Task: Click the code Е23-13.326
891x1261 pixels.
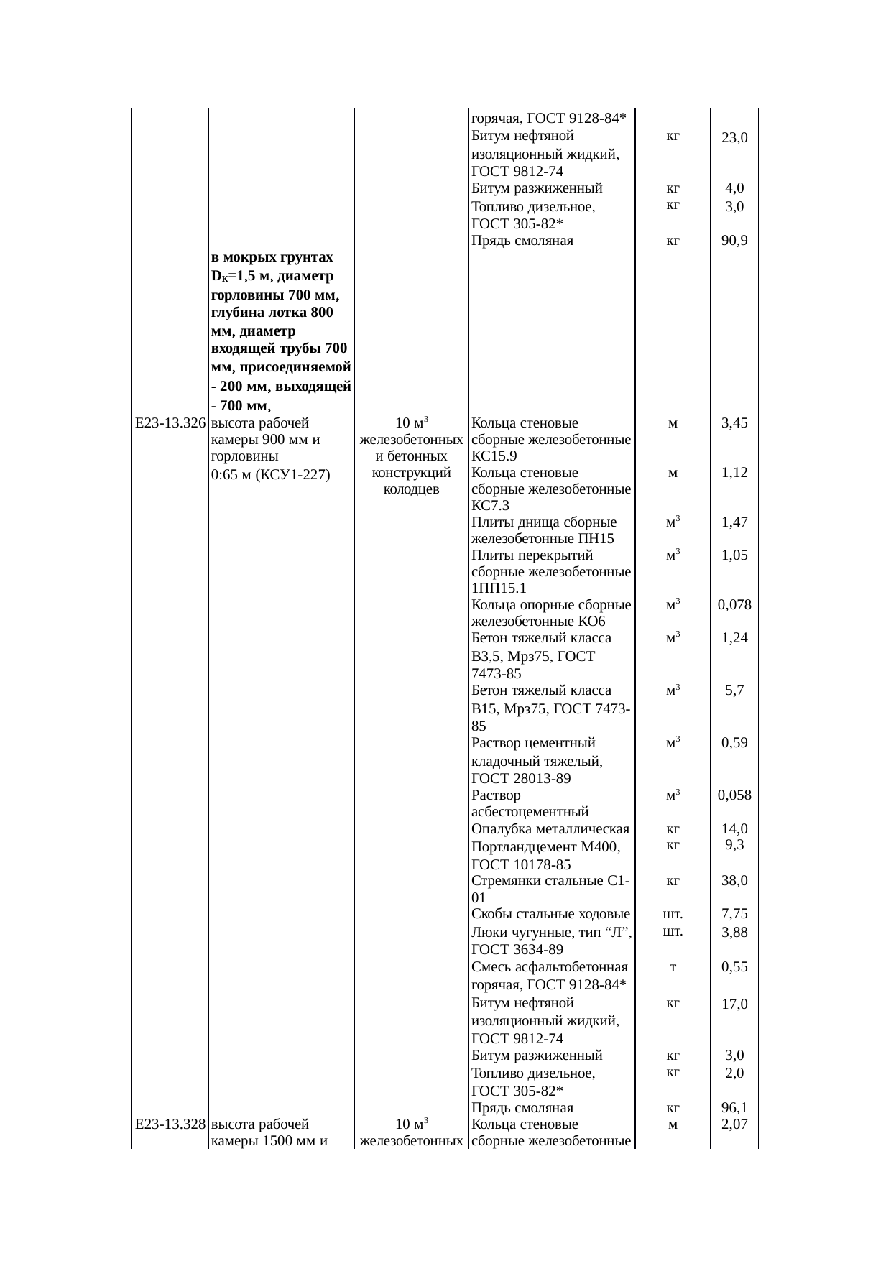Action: pyautogui.click(x=170, y=422)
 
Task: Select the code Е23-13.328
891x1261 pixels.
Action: pyautogui.click(x=170, y=1124)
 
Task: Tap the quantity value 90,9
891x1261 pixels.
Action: pyautogui.click(x=734, y=241)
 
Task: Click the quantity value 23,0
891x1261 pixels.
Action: pyautogui.click(x=734, y=137)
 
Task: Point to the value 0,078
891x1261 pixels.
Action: pyautogui.click(x=734, y=604)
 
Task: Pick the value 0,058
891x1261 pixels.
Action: pyautogui.click(x=734, y=795)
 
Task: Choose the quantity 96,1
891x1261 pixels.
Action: pyautogui.click(x=734, y=1108)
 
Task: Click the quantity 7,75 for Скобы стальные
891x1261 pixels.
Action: pyautogui.click(x=734, y=914)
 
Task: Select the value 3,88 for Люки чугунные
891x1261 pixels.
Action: pyautogui.click(x=734, y=932)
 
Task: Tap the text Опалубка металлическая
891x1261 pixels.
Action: pyautogui.click(x=550, y=829)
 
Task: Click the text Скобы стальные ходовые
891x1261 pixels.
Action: pyautogui.click(x=550, y=914)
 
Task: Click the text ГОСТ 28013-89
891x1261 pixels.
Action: pyautogui.click(x=521, y=778)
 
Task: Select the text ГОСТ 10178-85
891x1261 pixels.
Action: pyautogui.click(x=521, y=864)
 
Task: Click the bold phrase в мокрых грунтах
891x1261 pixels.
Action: pyautogui.click(x=272, y=257)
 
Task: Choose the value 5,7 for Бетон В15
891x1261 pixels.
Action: pyautogui.click(x=734, y=690)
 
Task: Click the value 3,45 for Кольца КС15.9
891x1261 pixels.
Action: pyautogui.click(x=734, y=422)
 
